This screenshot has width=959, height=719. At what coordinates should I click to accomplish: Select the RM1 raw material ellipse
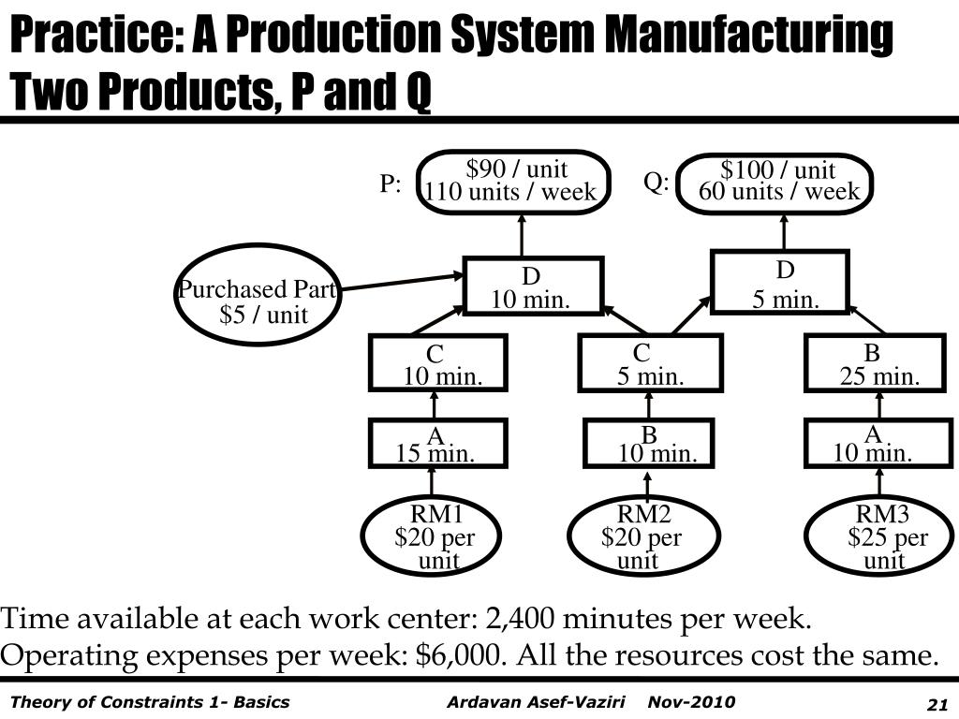432,536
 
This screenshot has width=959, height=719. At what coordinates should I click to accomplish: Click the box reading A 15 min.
437,444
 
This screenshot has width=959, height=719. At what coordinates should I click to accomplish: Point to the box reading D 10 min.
533,286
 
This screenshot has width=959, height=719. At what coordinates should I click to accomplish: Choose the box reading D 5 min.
780,282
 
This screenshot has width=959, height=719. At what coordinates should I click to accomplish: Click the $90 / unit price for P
517,169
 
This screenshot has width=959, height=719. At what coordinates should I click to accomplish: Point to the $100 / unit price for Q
777,170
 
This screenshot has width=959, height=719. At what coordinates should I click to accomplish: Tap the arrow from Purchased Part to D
402,283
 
